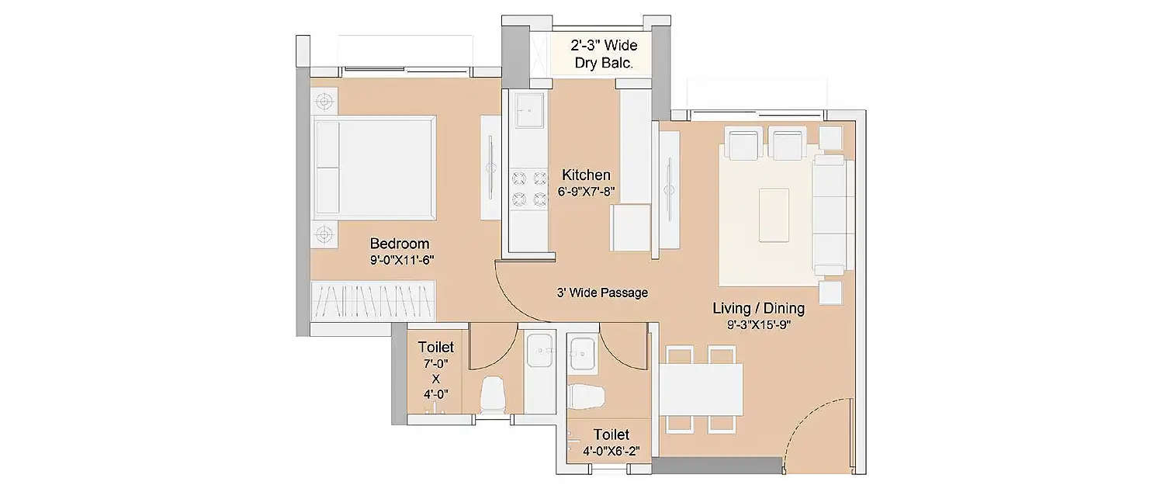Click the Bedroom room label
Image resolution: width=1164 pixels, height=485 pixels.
coord(399,244)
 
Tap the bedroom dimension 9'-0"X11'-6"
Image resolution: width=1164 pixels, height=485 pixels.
coord(400,261)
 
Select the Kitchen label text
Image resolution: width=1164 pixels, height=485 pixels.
coord(586,175)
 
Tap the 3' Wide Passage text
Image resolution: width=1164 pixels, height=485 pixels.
coord(601,293)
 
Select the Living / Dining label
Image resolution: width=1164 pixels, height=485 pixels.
coord(758,308)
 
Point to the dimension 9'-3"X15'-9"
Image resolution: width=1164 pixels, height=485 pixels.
coord(758,325)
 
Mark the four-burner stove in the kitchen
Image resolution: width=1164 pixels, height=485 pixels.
coord(528,189)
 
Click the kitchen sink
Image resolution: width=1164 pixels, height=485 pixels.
coord(528,115)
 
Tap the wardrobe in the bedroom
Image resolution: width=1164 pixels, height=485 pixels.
coord(373,300)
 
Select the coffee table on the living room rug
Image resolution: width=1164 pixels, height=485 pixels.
coord(773,214)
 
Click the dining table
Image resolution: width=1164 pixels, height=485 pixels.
coord(701,389)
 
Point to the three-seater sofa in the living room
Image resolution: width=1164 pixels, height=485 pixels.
coord(829,213)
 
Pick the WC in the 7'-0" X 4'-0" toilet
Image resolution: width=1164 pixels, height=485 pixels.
coord(493,394)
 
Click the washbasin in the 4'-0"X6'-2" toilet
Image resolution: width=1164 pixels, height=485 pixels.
coord(582,353)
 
